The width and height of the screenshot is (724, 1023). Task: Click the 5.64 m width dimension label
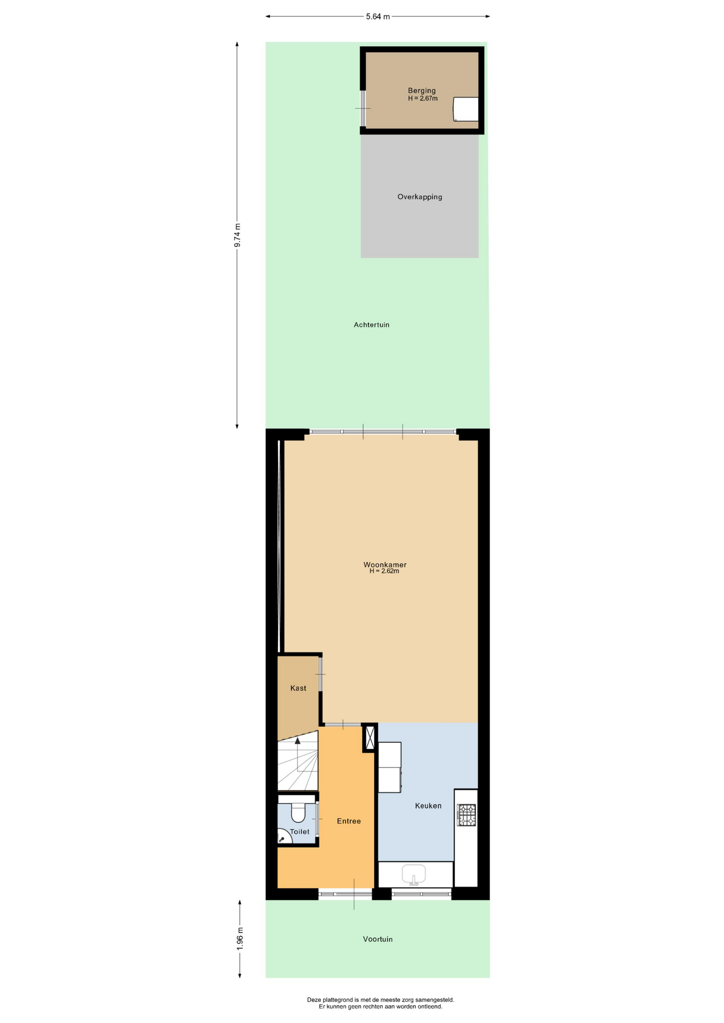coord(377,17)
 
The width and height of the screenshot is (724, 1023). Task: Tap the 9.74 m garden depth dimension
coord(237,235)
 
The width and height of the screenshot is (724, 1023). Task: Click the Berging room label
coord(422,91)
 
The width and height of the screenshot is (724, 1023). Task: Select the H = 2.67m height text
coord(423,99)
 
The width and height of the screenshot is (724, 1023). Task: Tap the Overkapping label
coord(420,197)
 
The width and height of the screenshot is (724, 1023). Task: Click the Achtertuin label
coord(372,324)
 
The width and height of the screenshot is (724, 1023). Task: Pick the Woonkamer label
coord(385,564)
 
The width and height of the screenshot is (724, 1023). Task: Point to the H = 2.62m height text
coord(384,571)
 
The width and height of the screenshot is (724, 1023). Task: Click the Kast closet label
coord(298,688)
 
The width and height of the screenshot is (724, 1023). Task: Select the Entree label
coord(349,821)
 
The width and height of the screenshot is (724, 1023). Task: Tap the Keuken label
coord(428,806)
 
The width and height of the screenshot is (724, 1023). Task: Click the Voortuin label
coord(377,939)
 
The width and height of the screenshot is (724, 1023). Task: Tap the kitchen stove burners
coord(466,815)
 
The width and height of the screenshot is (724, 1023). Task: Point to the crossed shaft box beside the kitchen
coord(369,737)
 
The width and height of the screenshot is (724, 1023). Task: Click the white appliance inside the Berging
coord(465,109)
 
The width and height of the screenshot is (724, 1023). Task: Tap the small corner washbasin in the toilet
coord(283,837)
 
